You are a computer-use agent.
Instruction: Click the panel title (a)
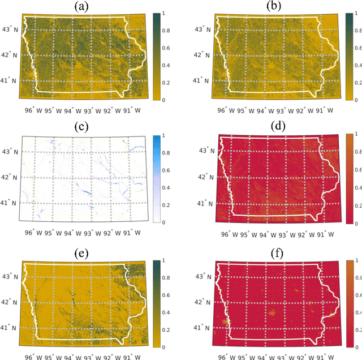90,6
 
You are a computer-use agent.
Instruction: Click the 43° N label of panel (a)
11,29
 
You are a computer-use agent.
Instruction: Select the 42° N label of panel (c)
11,177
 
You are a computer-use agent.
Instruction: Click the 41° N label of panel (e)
11,327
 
